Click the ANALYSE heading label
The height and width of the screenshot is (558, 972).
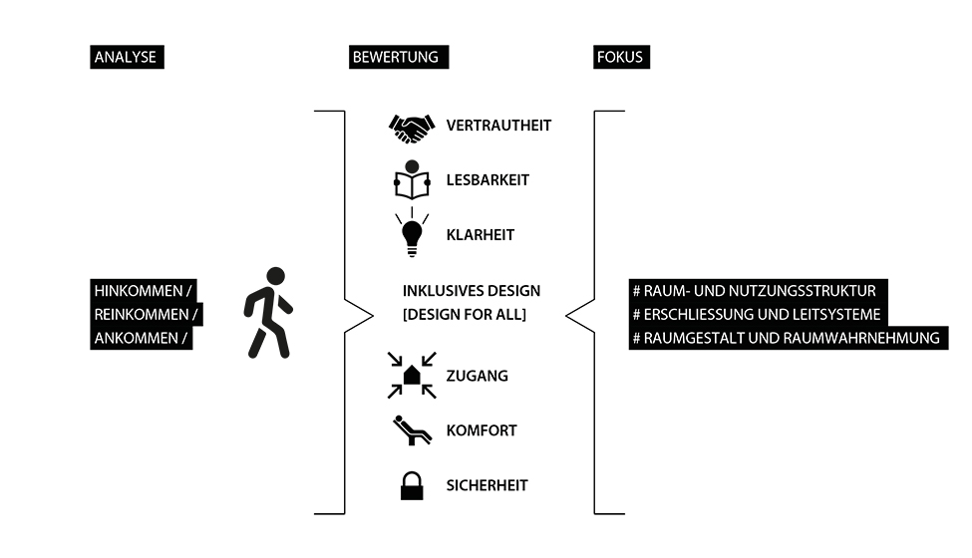(x=126, y=57)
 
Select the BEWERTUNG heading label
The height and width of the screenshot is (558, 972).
(x=395, y=57)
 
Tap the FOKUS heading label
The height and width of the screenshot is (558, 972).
(x=620, y=57)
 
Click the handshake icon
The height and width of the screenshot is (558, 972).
(x=411, y=127)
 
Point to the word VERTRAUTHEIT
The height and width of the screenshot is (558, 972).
(x=498, y=126)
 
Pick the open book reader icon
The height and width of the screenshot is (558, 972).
(x=411, y=180)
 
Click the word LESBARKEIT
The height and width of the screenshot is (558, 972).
(x=487, y=180)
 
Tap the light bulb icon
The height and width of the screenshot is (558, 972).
(x=411, y=232)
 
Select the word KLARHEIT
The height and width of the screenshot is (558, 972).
(x=482, y=235)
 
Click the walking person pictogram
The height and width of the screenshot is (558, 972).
(x=267, y=312)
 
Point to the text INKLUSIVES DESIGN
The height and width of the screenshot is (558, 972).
(x=472, y=291)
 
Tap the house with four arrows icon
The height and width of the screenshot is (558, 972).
(x=411, y=375)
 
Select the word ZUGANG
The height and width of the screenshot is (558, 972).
(x=477, y=376)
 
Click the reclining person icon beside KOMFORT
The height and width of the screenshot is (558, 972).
(x=411, y=430)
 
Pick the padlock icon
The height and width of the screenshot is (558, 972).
(x=411, y=485)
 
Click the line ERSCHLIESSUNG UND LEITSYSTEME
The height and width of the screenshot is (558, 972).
(x=757, y=315)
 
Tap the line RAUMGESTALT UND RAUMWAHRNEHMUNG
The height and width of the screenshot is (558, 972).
(x=787, y=339)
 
